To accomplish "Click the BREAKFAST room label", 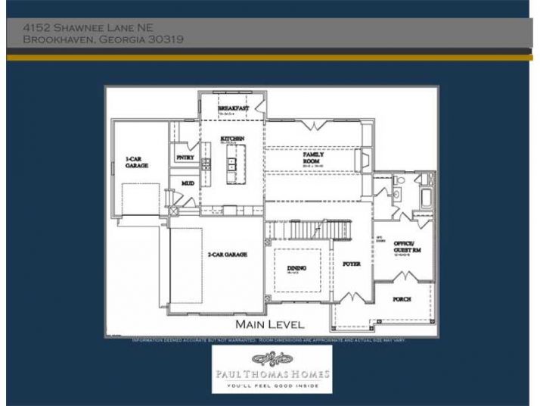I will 234,109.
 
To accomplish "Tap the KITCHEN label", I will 232,139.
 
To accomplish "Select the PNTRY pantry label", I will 185,158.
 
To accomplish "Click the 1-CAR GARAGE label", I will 136,162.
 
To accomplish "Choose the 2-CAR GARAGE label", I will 228,255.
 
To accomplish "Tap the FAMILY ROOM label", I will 313,158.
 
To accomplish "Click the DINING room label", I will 296,268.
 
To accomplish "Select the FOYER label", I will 352,264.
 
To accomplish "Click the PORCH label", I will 402,299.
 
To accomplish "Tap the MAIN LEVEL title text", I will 270,324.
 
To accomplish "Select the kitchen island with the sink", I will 233,165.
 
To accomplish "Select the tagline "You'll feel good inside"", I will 271,386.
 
